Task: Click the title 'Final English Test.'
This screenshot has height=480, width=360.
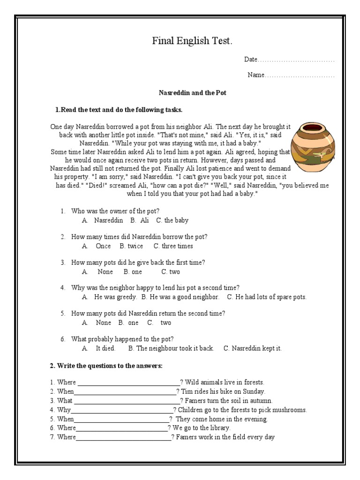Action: click(192, 41)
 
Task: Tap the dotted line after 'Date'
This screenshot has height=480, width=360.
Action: click(296, 60)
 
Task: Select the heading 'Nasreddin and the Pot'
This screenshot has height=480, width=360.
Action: click(192, 93)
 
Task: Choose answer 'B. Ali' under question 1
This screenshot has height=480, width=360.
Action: click(140, 220)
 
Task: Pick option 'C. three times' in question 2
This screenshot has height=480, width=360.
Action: click(173, 246)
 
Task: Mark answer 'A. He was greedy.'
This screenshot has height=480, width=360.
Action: click(110, 297)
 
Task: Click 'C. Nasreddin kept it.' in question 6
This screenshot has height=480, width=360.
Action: click(253, 348)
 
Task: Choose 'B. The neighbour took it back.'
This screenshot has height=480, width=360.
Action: click(171, 348)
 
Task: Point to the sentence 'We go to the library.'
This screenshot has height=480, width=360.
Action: click(202, 428)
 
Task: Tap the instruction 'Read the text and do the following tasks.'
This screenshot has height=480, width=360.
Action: click(121, 110)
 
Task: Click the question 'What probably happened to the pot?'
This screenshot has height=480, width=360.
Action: click(122, 339)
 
